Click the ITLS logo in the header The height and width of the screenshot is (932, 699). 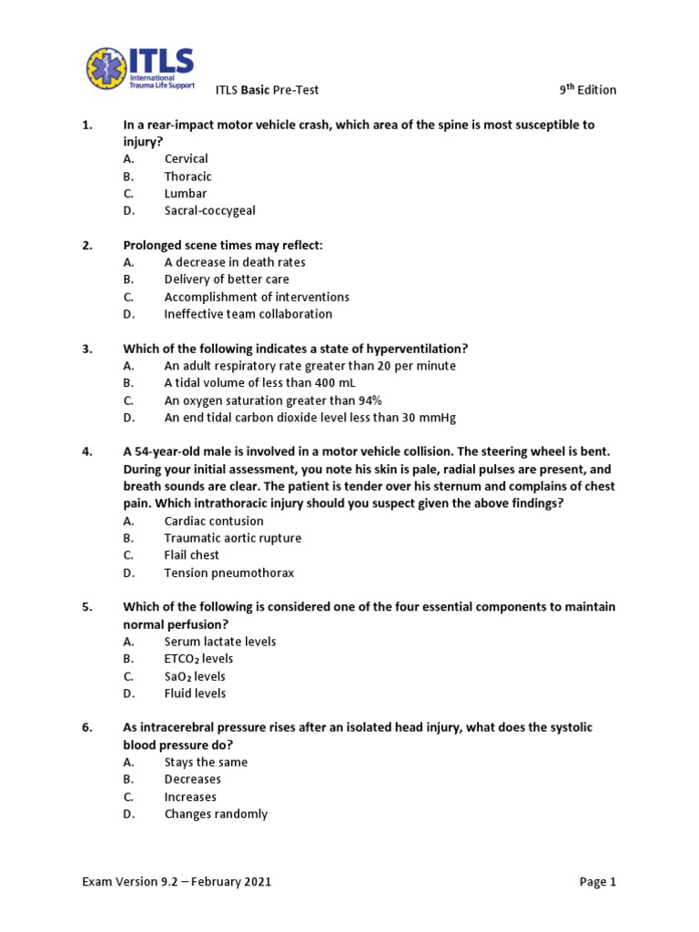tap(140, 68)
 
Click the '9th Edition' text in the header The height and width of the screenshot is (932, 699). tap(587, 89)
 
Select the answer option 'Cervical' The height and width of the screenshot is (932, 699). tap(186, 158)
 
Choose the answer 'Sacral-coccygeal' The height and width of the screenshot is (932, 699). tap(209, 210)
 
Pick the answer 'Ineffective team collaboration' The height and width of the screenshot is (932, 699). tap(248, 314)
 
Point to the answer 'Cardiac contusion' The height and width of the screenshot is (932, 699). tap(214, 521)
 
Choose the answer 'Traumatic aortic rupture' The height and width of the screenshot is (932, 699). tap(232, 538)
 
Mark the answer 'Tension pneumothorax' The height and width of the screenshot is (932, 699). tap(228, 572)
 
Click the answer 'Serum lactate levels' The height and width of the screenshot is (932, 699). tap(219, 642)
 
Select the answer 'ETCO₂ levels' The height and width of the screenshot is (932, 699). tap(198, 658)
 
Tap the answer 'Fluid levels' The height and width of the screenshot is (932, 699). tap(195, 693)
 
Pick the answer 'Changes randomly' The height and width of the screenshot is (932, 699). tap(216, 814)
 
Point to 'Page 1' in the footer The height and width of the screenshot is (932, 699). tap(597, 881)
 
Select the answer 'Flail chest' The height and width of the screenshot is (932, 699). tap(191, 555)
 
